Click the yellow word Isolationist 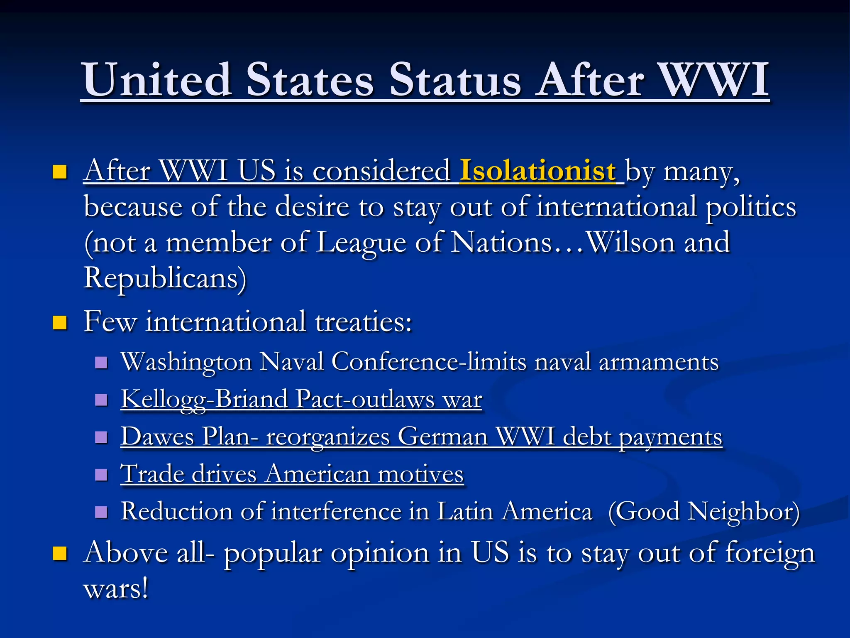pos(537,170)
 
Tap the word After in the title pos(589,79)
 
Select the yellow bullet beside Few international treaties pos(60,322)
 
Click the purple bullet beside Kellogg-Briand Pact pos(101,400)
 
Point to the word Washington pos(186,361)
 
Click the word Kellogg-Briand pos(204,399)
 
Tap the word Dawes pos(157,437)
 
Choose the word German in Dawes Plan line pos(442,437)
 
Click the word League pos(361,242)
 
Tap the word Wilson pos(631,242)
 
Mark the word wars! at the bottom pos(116,588)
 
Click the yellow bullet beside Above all pos(60,554)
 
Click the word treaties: pos(363,321)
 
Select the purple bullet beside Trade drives pos(101,474)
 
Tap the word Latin pos(465,511)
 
